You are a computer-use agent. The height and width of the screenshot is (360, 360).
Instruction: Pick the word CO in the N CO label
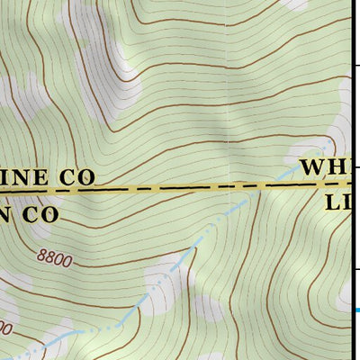[x=40, y=214]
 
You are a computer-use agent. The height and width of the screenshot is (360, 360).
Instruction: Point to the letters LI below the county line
[x=340, y=203]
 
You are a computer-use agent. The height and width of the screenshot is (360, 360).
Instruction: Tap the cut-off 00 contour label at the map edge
[x=4, y=329]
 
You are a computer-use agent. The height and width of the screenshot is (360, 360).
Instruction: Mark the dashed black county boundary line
[x=180, y=189]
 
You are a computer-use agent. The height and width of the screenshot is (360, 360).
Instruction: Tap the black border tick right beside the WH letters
[x=355, y=166]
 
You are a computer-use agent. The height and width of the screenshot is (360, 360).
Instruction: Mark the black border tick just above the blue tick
[x=355, y=268]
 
